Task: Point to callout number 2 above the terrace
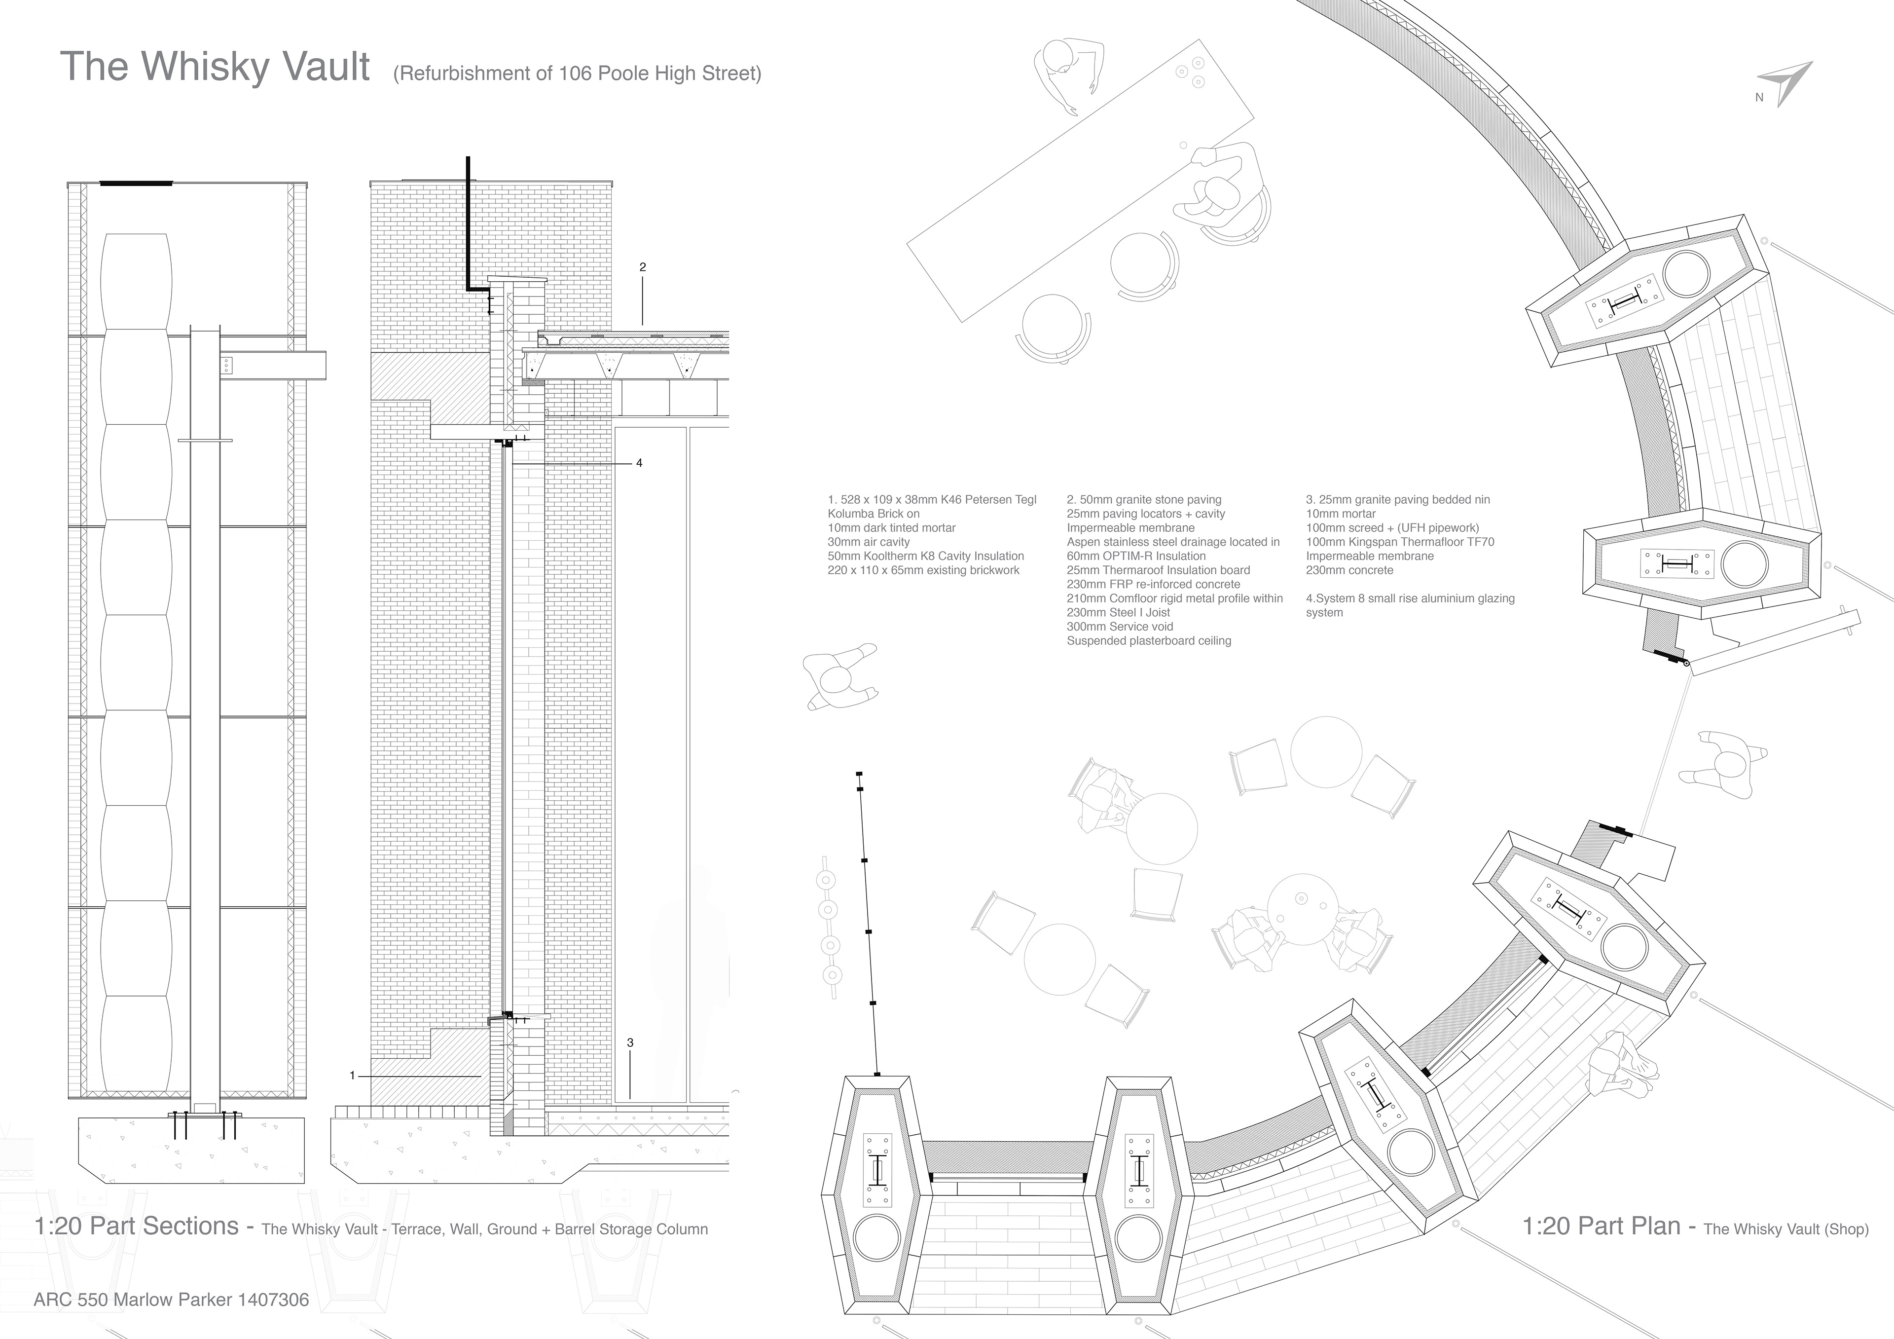(643, 267)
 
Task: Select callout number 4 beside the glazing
(639, 463)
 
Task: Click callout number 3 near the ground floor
(630, 1043)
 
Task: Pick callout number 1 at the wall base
(352, 1076)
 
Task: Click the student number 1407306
(273, 1300)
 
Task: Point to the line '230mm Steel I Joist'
(1119, 613)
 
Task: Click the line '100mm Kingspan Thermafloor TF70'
(1400, 542)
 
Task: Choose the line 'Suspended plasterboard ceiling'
(1149, 641)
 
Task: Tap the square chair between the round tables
(1155, 893)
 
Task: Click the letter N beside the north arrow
(1759, 97)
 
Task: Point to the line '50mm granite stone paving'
(1144, 500)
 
